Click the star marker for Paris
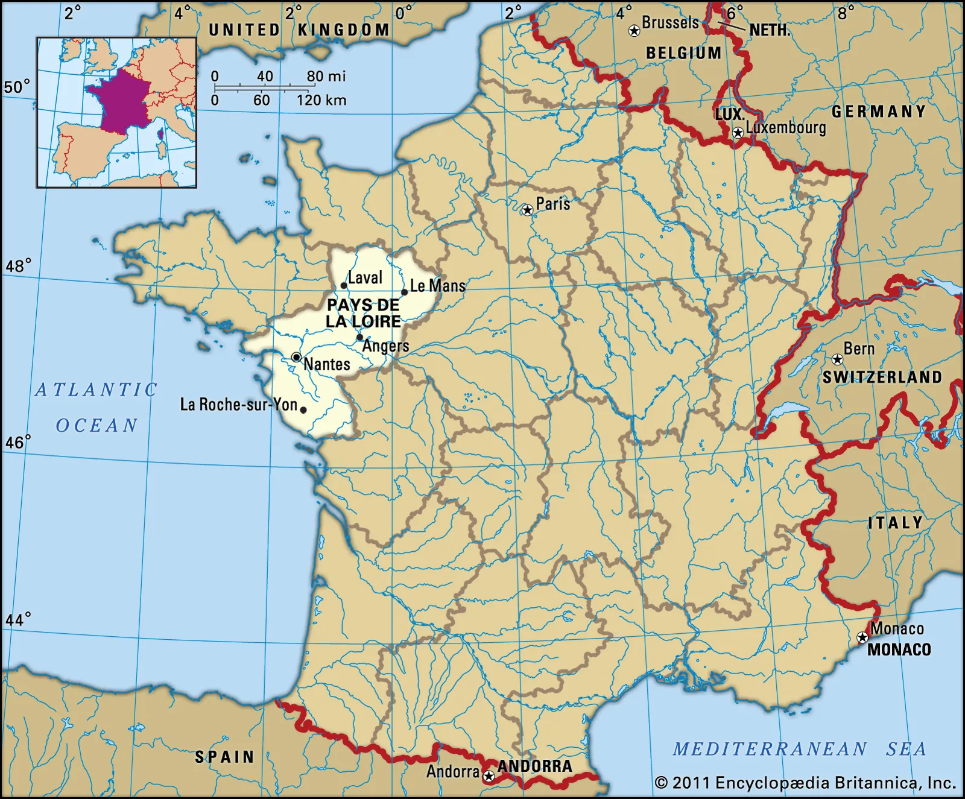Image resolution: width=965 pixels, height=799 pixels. pos(527,210)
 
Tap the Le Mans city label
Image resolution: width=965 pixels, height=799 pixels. pos(438,285)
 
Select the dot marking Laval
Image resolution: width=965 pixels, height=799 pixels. pos(344,286)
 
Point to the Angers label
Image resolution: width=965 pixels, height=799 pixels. pos(385,346)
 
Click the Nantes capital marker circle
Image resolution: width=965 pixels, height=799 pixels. pos(296,357)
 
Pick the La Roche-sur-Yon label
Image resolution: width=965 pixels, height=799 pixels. pos(239,404)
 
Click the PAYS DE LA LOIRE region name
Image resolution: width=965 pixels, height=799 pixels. pos(363,313)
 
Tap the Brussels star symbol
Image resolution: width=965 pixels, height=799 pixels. pos(634,31)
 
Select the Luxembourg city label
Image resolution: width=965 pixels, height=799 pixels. pos(785,128)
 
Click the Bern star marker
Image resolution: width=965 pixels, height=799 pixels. pos(837,360)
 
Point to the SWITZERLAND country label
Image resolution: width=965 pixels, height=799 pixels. pos(882,377)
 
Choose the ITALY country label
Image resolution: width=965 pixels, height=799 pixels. pos(896,523)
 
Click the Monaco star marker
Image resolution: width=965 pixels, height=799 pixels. pos(862,637)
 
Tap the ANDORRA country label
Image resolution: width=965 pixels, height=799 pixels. pos(534,766)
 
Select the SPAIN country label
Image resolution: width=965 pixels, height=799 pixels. pos(224,757)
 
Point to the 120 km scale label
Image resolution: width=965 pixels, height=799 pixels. pos(321,100)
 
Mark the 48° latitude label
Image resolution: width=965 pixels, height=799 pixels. pos(18,266)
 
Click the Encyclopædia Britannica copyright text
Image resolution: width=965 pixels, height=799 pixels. pos(805,783)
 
